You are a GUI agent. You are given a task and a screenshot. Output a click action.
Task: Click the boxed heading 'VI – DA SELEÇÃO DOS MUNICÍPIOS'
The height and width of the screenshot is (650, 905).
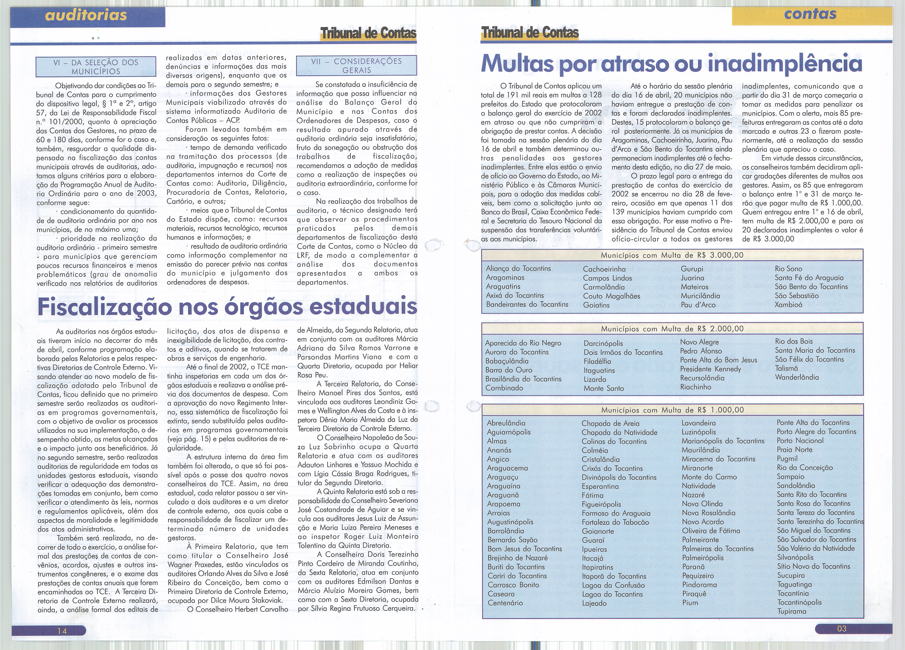click(x=96, y=67)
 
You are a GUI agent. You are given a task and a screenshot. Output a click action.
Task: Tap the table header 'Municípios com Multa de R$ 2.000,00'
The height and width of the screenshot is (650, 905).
click(x=672, y=329)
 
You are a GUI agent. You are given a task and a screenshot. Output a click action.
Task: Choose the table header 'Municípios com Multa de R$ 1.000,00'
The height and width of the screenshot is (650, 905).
click(x=672, y=410)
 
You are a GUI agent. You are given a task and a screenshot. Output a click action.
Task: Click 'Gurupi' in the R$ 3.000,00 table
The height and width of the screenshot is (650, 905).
click(x=692, y=269)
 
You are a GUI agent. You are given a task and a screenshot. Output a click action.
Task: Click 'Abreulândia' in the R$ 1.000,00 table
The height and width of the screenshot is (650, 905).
click(x=506, y=423)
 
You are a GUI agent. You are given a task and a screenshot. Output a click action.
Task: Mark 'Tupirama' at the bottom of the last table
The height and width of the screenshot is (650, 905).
click(x=792, y=611)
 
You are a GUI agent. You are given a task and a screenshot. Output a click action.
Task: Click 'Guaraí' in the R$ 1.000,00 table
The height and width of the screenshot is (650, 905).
click(x=593, y=540)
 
